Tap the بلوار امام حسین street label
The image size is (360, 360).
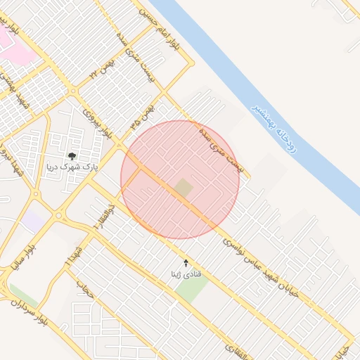160,32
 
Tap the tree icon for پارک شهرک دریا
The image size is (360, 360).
72,156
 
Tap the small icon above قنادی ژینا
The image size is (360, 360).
186,262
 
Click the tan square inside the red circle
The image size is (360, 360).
184,188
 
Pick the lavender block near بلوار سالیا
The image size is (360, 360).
32,221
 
